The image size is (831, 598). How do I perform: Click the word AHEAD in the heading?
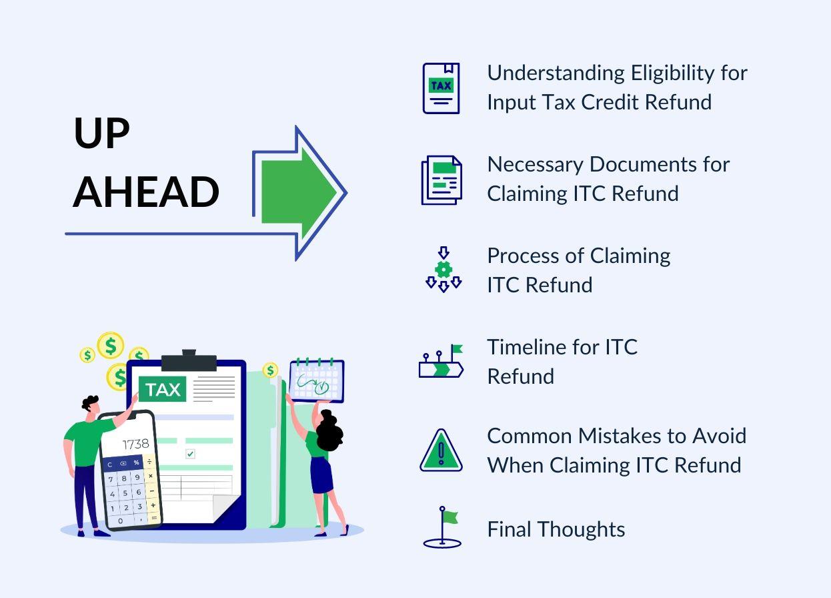tap(146, 192)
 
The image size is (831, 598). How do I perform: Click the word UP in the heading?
tap(101, 133)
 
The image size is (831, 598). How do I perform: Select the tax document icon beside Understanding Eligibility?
tap(441, 88)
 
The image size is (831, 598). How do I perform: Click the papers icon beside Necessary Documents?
tap(441, 180)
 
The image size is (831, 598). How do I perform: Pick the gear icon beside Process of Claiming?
tap(444, 270)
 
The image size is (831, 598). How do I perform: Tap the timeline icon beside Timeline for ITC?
tap(441, 362)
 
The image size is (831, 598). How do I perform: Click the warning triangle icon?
tap(441, 451)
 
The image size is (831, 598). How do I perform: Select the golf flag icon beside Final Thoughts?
tap(443, 527)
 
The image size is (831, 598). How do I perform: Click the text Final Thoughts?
tap(556, 529)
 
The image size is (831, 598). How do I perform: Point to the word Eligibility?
tap(672, 73)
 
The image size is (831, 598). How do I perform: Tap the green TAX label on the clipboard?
tap(163, 389)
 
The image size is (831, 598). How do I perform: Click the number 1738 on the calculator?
tap(135, 444)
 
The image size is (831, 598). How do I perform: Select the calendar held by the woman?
tap(317, 381)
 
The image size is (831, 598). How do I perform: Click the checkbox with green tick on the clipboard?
tap(190, 454)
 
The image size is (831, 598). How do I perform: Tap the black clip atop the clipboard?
tap(189, 361)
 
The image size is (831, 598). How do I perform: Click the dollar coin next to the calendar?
tap(270, 370)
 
